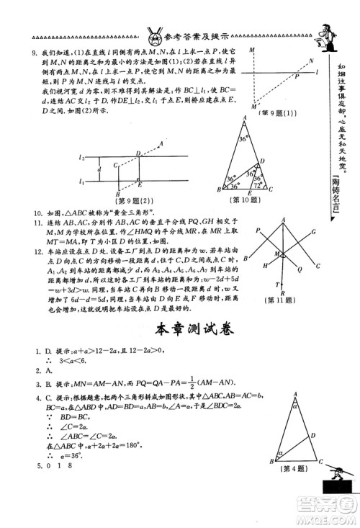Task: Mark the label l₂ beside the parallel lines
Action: click(82, 157)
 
